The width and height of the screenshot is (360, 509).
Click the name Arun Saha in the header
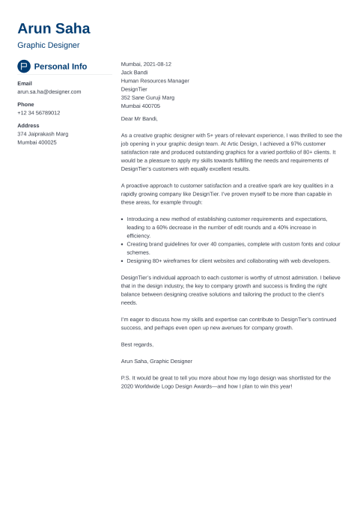coord(53,28)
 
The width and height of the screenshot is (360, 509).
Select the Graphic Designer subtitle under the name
coord(48,46)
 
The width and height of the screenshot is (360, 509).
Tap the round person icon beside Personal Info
coord(24,66)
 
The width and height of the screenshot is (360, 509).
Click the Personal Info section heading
coord(61,66)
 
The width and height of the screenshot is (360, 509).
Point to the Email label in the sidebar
coord(25,83)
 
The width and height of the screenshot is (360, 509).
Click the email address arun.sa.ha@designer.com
coord(49,91)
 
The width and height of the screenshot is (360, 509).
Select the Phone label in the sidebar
coord(25,104)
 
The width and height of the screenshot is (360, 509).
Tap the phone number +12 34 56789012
coord(39,112)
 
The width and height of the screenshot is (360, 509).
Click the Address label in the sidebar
coord(28,125)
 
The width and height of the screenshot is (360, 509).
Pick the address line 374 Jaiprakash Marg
coord(43,133)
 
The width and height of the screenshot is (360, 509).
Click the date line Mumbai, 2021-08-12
coord(146,64)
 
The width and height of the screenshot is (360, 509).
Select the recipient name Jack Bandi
coord(134,73)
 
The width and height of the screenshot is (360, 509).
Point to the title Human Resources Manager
coord(155,81)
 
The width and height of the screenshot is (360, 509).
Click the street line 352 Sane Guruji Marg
coord(147,97)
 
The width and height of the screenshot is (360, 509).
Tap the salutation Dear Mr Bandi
coord(139,118)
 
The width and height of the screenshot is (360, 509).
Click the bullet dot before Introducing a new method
coord(122,219)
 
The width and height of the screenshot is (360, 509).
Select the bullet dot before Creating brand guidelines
coord(122,244)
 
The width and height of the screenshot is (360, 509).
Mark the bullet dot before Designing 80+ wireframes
coord(122,261)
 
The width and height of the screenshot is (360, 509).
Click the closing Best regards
coord(137,344)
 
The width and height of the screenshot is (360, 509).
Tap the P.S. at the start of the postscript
coord(125,377)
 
